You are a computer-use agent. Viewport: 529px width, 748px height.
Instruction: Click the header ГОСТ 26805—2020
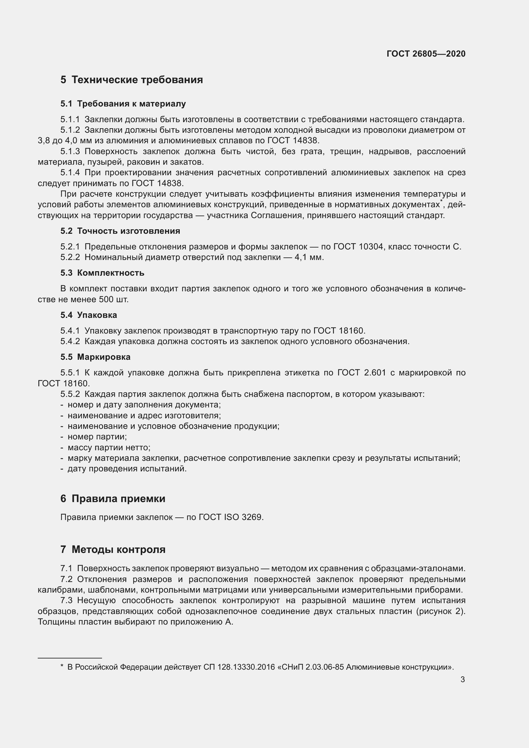pyautogui.click(x=426, y=54)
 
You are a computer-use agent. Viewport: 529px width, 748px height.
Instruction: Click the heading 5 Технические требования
pyautogui.click(x=131, y=80)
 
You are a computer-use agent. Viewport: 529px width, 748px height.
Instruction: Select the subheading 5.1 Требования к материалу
pyautogui.click(x=123, y=104)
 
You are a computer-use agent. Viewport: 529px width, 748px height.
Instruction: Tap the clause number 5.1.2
pyautogui.click(x=70, y=130)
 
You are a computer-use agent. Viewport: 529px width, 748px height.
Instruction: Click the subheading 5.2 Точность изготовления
pyautogui.click(x=120, y=231)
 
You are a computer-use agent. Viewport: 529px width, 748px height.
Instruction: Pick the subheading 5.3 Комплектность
pyautogui.click(x=102, y=273)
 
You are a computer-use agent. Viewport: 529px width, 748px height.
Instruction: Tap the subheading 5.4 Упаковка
pyautogui.click(x=88, y=315)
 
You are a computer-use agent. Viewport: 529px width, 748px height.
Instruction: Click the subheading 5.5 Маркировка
pyautogui.click(x=95, y=357)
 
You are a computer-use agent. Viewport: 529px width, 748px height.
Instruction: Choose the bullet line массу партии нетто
pyautogui.click(x=109, y=448)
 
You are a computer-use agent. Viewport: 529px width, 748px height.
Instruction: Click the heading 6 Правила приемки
pyautogui.click(x=113, y=499)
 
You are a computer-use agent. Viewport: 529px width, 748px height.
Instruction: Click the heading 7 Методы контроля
pyautogui.click(x=113, y=550)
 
